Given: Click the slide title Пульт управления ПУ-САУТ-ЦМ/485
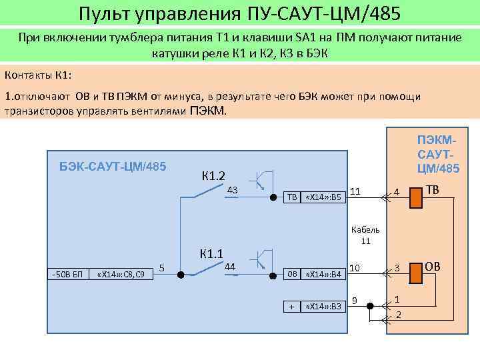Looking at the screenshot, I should pyautogui.click(x=240, y=13).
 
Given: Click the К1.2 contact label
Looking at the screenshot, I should pyautogui.click(x=213, y=177).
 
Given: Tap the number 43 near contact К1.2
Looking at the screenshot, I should pyautogui.click(x=232, y=191).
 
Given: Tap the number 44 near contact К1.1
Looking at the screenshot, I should pyautogui.click(x=230, y=267).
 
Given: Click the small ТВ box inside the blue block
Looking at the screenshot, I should pyautogui.click(x=292, y=197).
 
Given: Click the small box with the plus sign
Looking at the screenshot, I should pyautogui.click(x=292, y=306).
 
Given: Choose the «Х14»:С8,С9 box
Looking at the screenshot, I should pyautogui.click(x=121, y=274).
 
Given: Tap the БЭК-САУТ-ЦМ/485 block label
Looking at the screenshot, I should pyautogui.click(x=113, y=165).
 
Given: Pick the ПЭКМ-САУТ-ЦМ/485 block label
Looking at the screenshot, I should pyautogui.click(x=438, y=154).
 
